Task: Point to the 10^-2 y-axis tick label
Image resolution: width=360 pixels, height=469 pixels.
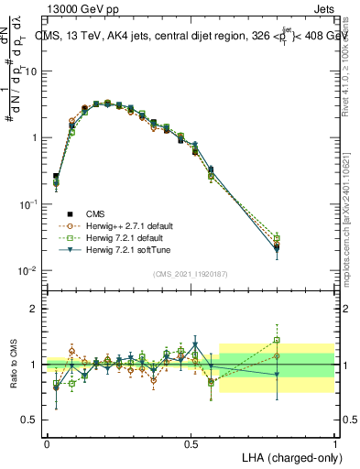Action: tap(28, 271)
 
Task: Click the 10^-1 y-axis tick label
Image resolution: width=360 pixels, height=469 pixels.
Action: tap(28, 204)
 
